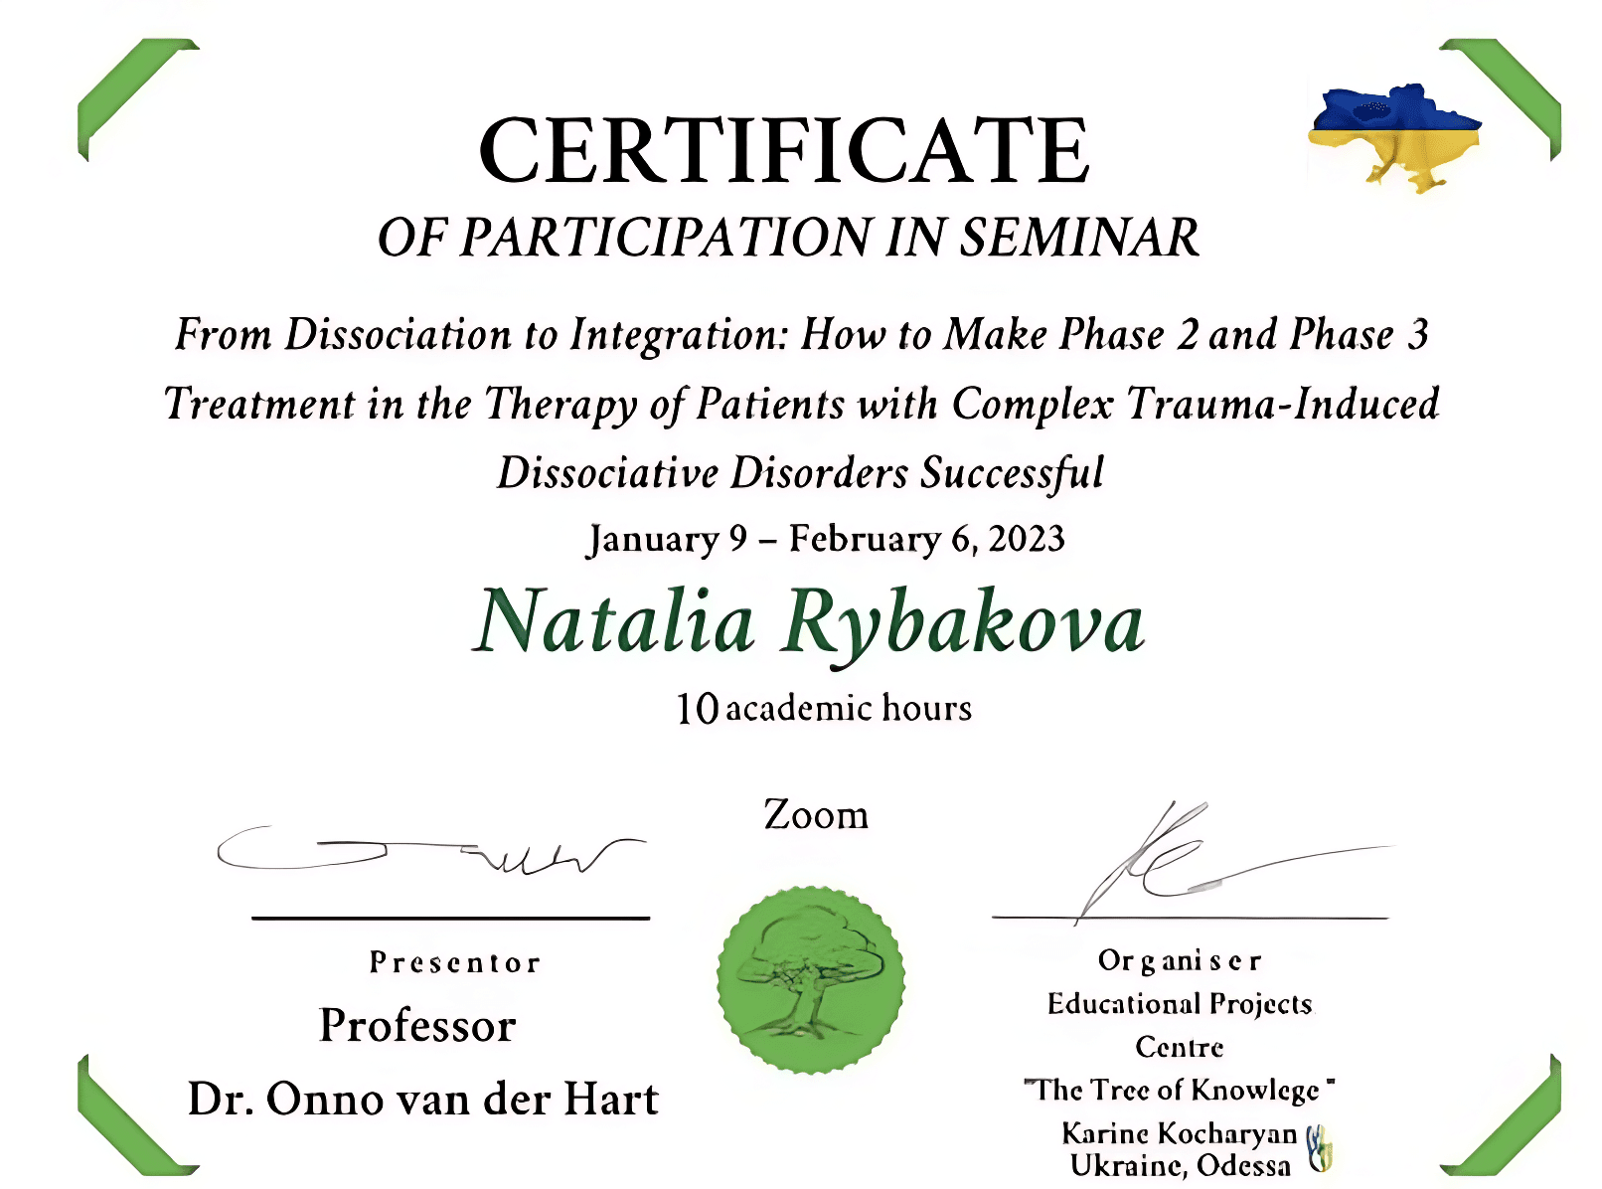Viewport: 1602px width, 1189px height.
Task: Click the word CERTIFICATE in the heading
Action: [x=784, y=150]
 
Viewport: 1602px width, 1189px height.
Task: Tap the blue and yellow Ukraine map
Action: [x=1394, y=137]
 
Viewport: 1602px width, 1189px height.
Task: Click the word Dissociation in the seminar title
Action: [x=398, y=335]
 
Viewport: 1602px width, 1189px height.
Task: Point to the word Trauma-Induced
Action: [x=1282, y=404]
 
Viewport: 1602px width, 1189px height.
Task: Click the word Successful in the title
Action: [x=1012, y=473]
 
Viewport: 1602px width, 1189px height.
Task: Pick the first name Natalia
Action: [x=614, y=621]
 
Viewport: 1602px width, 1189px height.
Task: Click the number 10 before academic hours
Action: [x=697, y=709]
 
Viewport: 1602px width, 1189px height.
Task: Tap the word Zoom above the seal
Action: [x=816, y=815]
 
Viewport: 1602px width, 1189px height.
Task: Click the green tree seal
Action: [x=810, y=980]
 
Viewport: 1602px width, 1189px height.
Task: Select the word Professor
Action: [x=417, y=1026]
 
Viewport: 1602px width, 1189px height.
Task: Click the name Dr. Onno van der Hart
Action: [x=423, y=1100]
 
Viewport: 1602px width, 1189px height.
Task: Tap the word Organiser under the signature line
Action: [x=1180, y=961]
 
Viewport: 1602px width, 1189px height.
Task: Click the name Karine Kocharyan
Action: [x=1180, y=1133]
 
